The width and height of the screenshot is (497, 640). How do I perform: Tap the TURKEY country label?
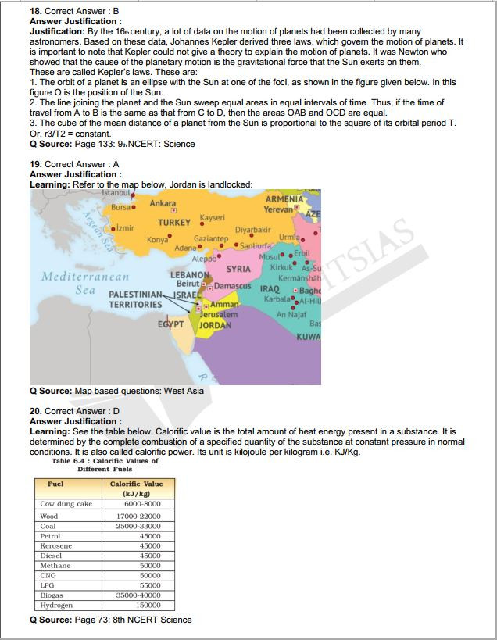174,223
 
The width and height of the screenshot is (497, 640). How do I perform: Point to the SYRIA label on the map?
238,270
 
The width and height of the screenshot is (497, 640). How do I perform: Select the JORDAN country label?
215,325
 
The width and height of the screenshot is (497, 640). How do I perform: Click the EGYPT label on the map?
171,324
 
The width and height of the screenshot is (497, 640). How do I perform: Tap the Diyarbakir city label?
252,230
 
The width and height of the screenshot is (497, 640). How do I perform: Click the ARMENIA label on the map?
284,200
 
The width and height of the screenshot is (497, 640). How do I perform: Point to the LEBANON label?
189,275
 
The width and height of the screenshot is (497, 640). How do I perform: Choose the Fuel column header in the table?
55,484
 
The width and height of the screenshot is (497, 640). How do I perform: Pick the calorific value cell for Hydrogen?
148,605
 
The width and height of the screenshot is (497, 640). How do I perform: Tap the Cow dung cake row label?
66,504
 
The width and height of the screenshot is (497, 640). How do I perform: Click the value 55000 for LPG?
150,585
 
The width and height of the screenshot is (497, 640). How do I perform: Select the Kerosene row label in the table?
56,546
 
